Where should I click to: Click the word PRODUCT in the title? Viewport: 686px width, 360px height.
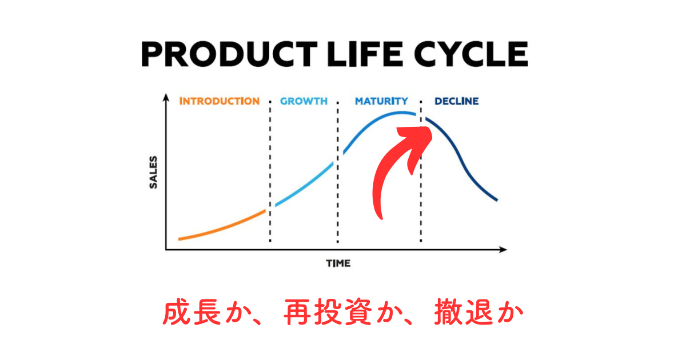[x=229, y=54]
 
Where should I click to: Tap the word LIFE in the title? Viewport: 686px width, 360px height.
[x=365, y=54]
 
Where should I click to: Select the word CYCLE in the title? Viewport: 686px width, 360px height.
[x=471, y=54]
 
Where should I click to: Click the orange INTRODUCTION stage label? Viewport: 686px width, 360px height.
[x=220, y=101]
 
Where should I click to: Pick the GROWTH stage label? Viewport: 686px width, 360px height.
[x=304, y=101]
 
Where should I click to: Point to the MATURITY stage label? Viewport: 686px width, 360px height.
[x=382, y=101]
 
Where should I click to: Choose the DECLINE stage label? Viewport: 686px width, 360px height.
[x=457, y=101]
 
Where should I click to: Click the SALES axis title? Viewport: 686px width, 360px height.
[x=153, y=172]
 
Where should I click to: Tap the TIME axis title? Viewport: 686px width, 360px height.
[x=338, y=263]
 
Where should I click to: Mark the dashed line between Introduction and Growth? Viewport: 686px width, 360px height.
[x=270, y=171]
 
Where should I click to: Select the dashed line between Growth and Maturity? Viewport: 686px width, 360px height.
[x=338, y=172]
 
